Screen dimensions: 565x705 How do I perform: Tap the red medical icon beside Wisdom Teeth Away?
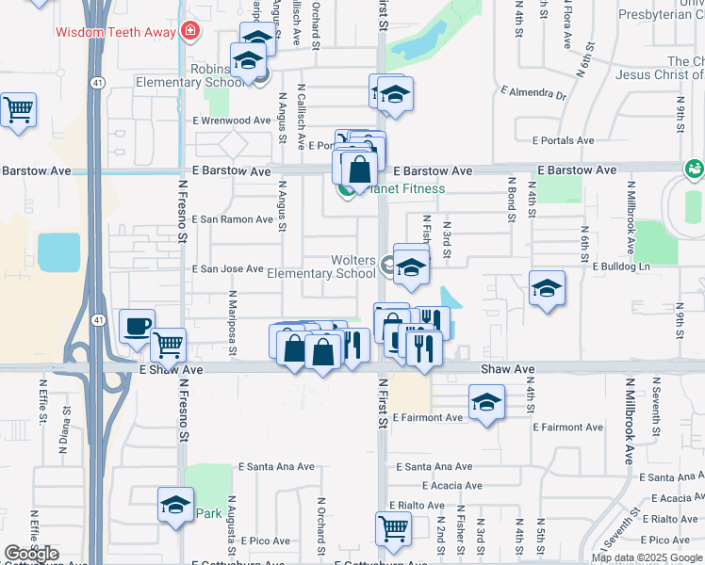190,31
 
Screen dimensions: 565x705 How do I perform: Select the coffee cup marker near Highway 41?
138,326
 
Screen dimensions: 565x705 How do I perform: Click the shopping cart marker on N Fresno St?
168,345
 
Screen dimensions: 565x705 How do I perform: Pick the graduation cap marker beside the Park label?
175,505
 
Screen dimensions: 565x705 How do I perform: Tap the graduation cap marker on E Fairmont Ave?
485,402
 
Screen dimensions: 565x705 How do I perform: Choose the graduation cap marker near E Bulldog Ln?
547,288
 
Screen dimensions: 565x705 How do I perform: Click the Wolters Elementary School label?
322,267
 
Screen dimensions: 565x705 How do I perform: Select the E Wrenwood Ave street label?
232,121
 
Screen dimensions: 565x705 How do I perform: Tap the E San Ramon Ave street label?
233,219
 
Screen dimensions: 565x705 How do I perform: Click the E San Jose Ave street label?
228,269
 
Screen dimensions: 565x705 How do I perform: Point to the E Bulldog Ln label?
622,267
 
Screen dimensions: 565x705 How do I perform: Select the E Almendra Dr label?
534,94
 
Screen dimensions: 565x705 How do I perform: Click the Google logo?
31,554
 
